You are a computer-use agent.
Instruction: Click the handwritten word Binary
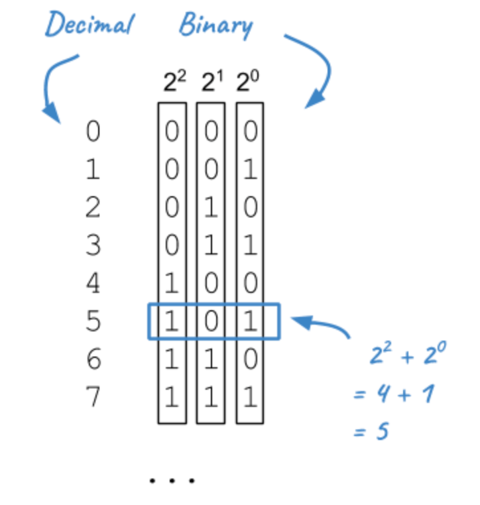coord(216,25)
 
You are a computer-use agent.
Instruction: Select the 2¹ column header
coord(211,84)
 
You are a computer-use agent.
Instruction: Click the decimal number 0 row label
coord(93,131)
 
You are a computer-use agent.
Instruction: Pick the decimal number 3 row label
coord(93,245)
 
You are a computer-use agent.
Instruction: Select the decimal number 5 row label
coord(93,322)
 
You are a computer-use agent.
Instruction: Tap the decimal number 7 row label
coord(93,399)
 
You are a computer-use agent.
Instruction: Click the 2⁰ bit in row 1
coord(249,170)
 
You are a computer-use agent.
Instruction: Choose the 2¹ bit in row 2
coord(211,208)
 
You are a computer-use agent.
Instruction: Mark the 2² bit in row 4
coord(172,284)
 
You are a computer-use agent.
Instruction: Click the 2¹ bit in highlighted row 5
coord(211,322)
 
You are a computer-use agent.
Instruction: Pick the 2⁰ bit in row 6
coord(249,361)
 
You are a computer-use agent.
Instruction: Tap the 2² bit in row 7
coord(172,399)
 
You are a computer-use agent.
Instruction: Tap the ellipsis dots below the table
coord(172,480)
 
